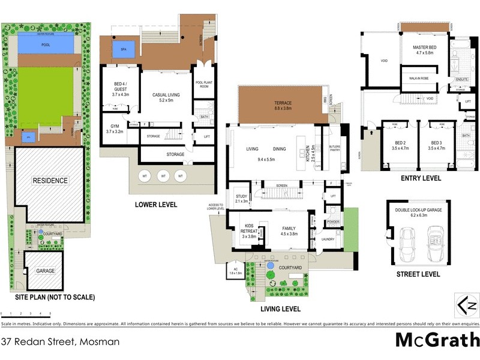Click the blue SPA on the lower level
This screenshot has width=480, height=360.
[x=124, y=49]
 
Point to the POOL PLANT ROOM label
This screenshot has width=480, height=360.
[x=203, y=85]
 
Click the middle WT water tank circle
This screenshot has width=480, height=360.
[x=162, y=176]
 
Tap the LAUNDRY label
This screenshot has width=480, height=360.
[x=328, y=239]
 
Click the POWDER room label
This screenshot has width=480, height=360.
[x=332, y=222]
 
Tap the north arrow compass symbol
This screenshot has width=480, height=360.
[x=467, y=305]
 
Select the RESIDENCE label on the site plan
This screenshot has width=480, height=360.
[x=50, y=181]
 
